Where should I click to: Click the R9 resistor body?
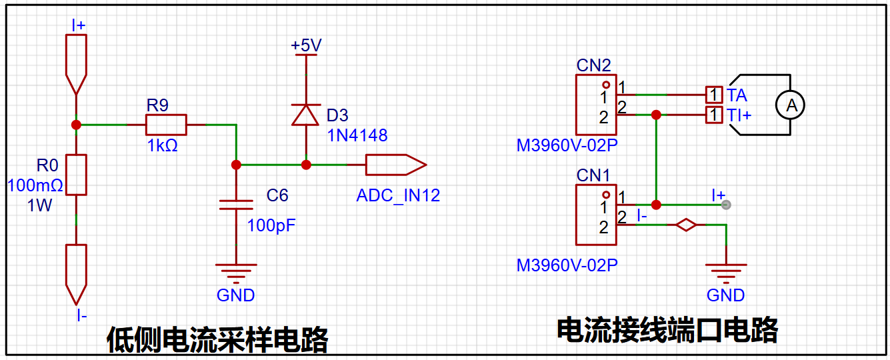click(x=166, y=125)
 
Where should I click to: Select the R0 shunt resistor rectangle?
click(x=76, y=175)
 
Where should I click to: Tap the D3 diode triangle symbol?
click(x=305, y=115)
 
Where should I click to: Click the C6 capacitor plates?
click(x=236, y=205)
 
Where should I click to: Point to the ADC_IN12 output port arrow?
click(x=396, y=165)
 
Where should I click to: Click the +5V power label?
click(x=306, y=45)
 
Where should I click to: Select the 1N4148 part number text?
click(x=357, y=135)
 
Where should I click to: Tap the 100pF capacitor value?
click(x=271, y=225)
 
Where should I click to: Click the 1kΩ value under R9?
click(x=162, y=145)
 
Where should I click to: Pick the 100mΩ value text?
click(x=35, y=185)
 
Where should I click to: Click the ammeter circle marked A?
click(x=790, y=105)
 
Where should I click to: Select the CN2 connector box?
click(x=596, y=105)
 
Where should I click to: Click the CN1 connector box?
click(x=596, y=215)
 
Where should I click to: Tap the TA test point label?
click(x=737, y=95)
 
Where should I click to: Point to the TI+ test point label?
click(x=739, y=115)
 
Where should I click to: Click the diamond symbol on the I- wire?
click(x=686, y=225)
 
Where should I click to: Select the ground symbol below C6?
click(x=236, y=273)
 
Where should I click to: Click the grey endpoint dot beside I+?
click(x=726, y=205)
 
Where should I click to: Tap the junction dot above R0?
click(x=76, y=125)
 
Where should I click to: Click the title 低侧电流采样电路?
click(x=217, y=340)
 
